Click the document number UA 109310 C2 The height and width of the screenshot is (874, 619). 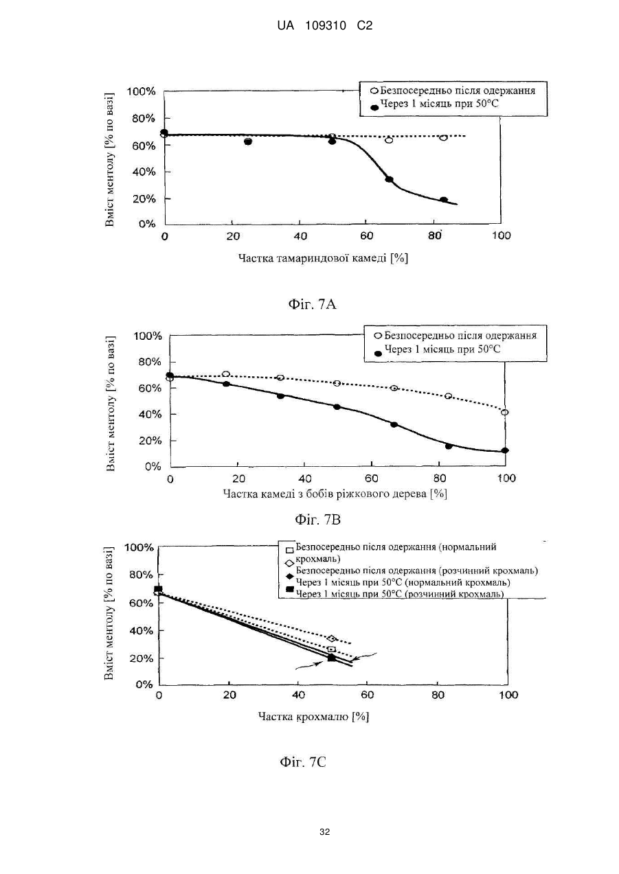[x=324, y=26]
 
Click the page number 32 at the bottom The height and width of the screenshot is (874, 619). [x=324, y=832]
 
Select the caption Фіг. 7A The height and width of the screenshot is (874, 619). [x=312, y=304]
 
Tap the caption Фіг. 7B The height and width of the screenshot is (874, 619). [x=317, y=519]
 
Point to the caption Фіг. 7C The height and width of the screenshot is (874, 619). [x=303, y=761]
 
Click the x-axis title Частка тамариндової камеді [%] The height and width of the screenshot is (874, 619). [x=324, y=258]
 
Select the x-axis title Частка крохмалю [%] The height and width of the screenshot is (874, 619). [x=313, y=716]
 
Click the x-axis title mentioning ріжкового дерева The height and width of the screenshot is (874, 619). [x=335, y=494]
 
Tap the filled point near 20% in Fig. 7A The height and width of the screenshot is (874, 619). [x=444, y=200]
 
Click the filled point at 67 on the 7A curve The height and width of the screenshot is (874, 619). [x=389, y=179]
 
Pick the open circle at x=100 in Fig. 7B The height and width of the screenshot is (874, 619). [x=504, y=413]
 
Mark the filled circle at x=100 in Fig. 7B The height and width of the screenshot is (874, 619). [x=505, y=450]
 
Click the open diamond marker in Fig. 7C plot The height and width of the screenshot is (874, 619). [x=332, y=639]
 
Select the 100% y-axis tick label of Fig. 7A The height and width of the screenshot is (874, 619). [x=141, y=92]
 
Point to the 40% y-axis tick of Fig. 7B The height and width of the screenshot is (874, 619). [x=150, y=415]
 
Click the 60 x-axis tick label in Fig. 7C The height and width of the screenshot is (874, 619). [x=367, y=695]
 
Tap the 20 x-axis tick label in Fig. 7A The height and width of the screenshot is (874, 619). [x=233, y=236]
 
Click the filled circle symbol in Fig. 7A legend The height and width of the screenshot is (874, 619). [x=374, y=108]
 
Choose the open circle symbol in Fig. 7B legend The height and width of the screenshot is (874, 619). [x=378, y=336]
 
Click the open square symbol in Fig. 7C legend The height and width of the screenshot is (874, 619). [x=290, y=551]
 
